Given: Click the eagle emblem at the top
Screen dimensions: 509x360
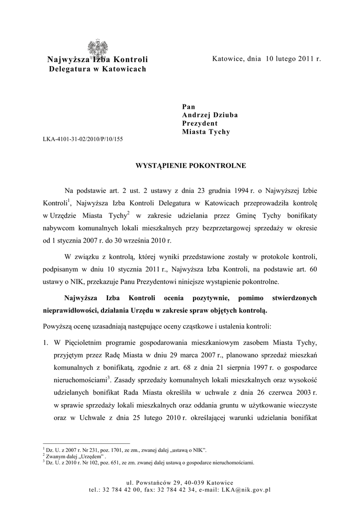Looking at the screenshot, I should [x=98, y=49].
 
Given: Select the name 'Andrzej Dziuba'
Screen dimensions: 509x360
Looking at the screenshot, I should [x=210, y=115].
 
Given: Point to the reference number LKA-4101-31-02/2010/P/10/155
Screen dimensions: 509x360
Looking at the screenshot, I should [x=83, y=139].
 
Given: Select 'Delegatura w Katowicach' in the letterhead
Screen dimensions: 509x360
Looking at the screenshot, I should [x=97, y=69].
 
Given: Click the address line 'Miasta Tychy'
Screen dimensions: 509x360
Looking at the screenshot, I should [x=206, y=132].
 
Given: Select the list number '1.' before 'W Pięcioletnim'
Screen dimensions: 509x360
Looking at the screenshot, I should [x=45, y=342].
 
